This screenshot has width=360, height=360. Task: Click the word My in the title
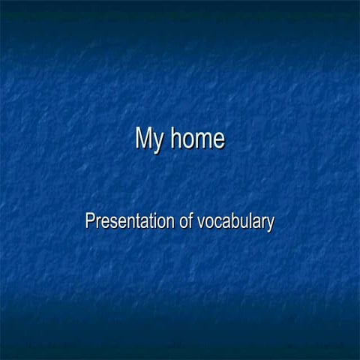point(148,139)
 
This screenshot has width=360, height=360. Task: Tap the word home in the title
point(196,139)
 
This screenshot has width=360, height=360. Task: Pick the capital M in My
point(143,138)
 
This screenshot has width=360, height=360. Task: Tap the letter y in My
point(157,142)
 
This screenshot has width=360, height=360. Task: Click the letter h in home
point(173,138)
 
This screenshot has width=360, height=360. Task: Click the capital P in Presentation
point(90,220)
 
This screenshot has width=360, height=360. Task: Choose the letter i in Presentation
point(154,220)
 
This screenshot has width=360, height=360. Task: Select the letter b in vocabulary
point(235,220)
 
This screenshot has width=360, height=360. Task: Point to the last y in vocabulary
point(269,224)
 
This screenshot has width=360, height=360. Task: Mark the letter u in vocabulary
point(244,223)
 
